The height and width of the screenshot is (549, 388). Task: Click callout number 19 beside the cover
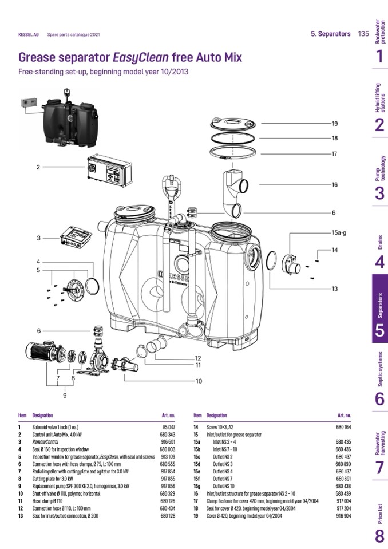pos(335,123)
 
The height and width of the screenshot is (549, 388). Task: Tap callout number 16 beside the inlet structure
pos(335,185)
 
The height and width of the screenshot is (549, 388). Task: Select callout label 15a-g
pos(339,234)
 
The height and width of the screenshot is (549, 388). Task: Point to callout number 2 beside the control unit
pos(38,167)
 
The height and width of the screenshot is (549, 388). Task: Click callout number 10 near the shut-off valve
pos(199,381)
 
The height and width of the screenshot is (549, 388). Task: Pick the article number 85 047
pos(168,427)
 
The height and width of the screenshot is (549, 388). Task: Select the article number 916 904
pos(343,515)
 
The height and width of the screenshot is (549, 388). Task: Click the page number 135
pos(363,34)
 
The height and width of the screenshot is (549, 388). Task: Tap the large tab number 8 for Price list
pos(379,536)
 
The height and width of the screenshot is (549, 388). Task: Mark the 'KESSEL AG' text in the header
pos(29,34)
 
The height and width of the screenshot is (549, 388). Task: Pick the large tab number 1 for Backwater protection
pos(379,56)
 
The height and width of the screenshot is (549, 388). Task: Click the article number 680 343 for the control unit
pos(168,435)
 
